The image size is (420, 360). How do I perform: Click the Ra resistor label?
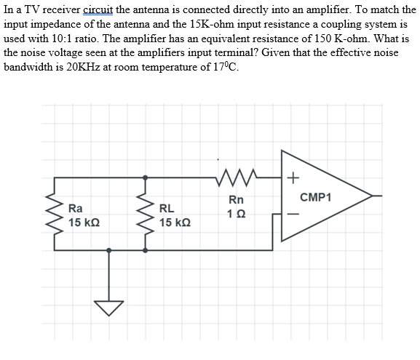click(x=75, y=207)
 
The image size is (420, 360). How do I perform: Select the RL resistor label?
click(x=166, y=207)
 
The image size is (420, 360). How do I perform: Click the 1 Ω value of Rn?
click(x=236, y=213)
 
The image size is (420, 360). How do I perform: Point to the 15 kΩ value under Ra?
click(x=84, y=221)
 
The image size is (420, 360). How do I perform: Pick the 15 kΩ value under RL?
click(x=175, y=221)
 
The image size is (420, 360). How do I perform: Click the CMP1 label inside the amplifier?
click(x=315, y=196)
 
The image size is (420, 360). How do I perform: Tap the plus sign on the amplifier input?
click(x=292, y=177)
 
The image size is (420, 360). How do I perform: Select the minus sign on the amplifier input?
click(x=292, y=214)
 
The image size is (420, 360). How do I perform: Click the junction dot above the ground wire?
click(x=109, y=250)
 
